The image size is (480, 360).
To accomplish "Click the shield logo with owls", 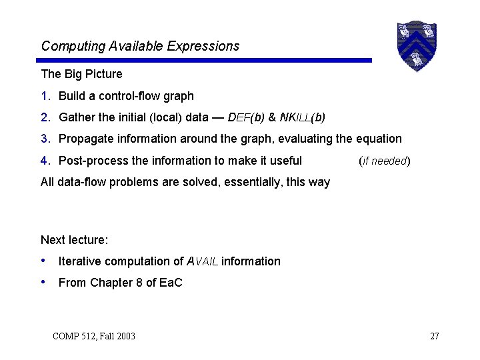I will point(417,45).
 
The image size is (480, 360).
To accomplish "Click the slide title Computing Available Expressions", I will point(140,46).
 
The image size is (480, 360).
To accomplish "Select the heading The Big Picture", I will point(81,73).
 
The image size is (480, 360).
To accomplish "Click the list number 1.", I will point(45,96).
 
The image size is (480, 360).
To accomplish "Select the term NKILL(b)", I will point(303,117).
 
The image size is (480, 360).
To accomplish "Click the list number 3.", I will point(45,139).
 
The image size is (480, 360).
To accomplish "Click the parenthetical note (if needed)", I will point(384,161).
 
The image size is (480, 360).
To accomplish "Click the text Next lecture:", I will point(74,240).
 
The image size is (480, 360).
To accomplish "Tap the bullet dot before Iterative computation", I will point(44,261).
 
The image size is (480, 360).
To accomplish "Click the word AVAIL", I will point(202,261).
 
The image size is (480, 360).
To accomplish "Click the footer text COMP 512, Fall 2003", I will point(93,336).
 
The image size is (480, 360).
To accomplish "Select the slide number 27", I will point(434,336).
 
